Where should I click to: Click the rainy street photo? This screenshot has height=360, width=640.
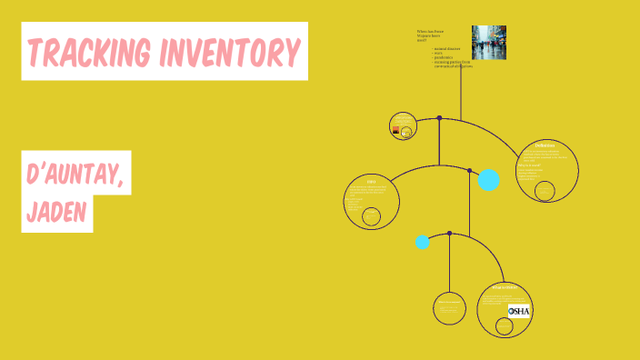click(x=488, y=42)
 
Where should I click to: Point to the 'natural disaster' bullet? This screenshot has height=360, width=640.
click(x=446, y=50)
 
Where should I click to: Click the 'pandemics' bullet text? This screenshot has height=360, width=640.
click(x=445, y=58)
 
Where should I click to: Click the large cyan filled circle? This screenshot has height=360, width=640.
click(x=489, y=180)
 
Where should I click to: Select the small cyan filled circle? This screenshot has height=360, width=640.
click(x=423, y=242)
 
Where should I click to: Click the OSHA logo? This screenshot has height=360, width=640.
click(x=519, y=311)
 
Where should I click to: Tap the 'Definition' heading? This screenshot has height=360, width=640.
click(x=545, y=145)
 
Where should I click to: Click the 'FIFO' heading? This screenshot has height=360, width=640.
click(x=371, y=181)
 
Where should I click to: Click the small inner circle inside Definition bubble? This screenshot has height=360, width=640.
click(x=545, y=191)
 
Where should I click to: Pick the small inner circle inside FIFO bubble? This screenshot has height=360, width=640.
click(x=371, y=216)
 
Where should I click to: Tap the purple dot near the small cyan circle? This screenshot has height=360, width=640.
click(x=449, y=233)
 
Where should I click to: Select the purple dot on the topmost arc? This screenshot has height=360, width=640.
click(x=439, y=117)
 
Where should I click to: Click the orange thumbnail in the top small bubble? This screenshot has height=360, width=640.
click(x=395, y=131)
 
